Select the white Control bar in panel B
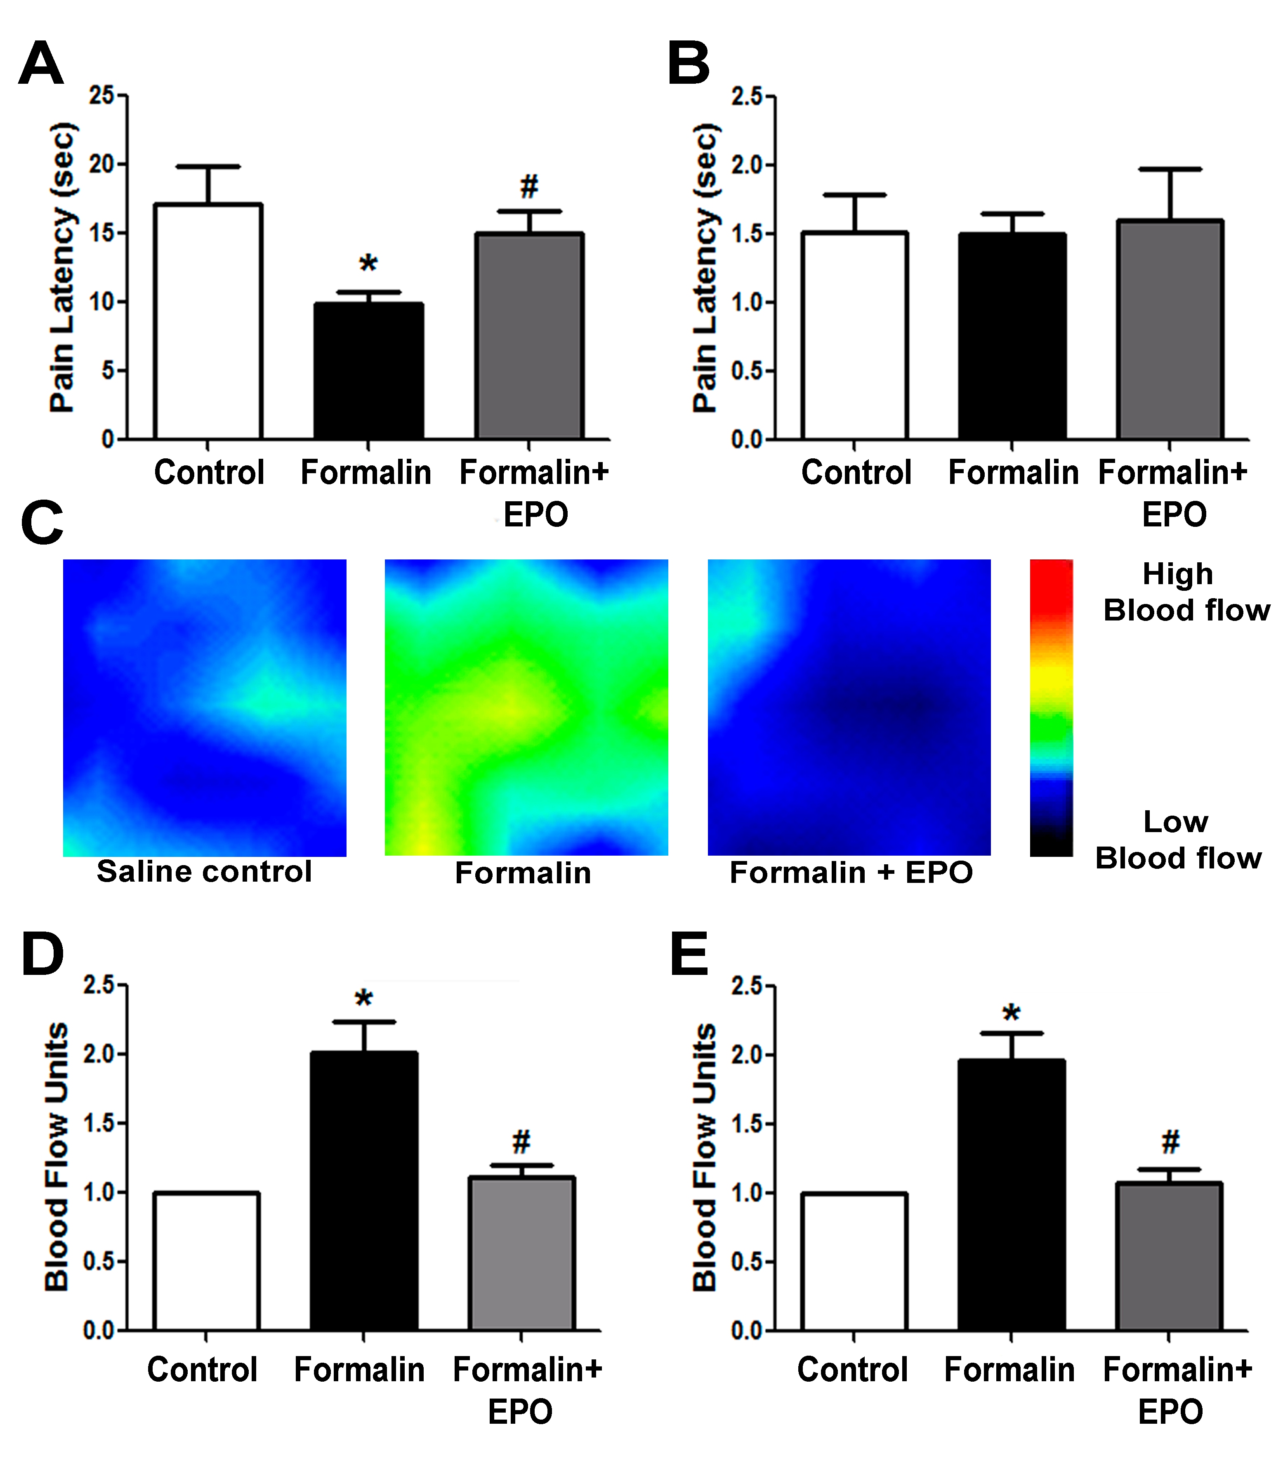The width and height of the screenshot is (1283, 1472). point(855,335)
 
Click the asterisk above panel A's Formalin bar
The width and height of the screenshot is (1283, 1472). point(368,264)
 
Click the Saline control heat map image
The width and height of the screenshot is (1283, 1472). point(205,708)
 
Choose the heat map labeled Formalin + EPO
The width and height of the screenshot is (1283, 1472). point(849,708)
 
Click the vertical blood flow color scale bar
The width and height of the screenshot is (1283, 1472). point(1051,708)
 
